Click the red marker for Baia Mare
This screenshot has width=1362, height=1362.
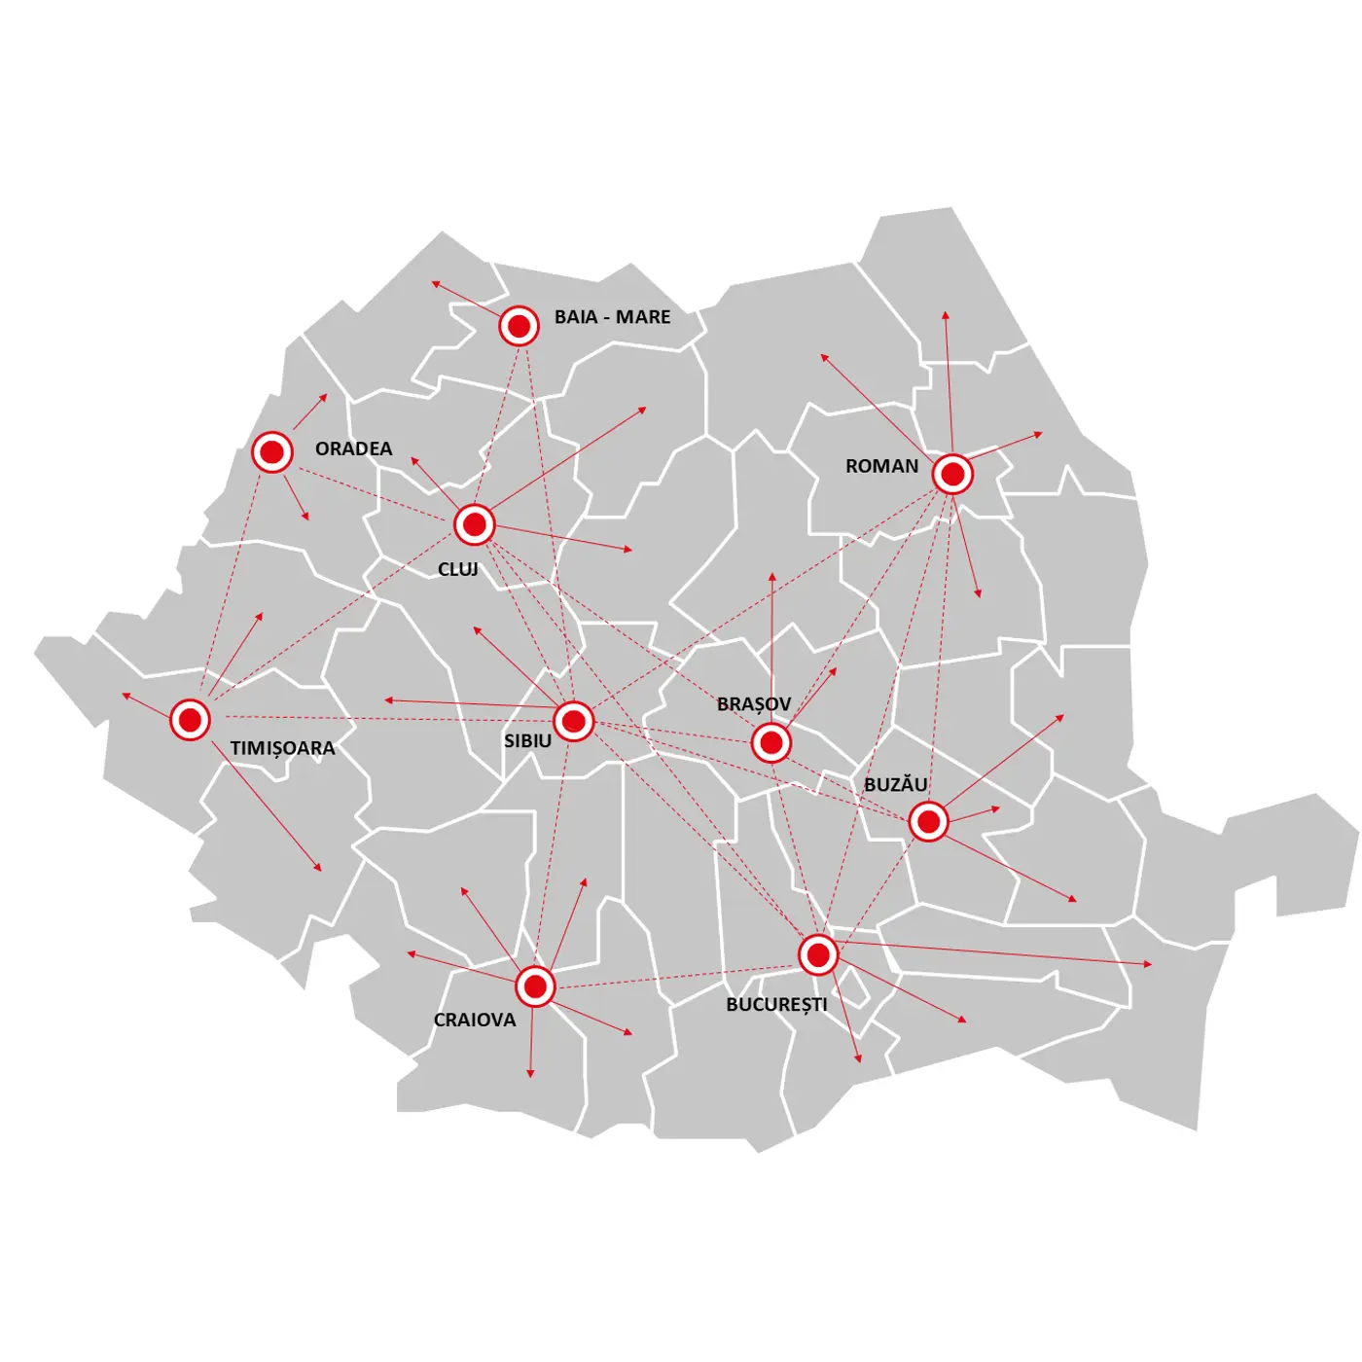pyautogui.click(x=520, y=326)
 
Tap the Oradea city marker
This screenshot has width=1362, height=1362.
pyautogui.click(x=272, y=452)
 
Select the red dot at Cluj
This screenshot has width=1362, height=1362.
pyautogui.click(x=475, y=525)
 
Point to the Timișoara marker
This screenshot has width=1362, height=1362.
pyautogui.click(x=190, y=720)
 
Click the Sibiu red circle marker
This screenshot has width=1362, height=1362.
pyautogui.click(x=574, y=722)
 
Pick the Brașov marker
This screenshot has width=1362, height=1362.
pyautogui.click(x=771, y=743)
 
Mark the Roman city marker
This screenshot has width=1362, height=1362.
pyautogui.click(x=952, y=475)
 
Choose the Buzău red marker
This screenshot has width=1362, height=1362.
pyautogui.click(x=929, y=822)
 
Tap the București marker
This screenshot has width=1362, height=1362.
pyautogui.click(x=818, y=954)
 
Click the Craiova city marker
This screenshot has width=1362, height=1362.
pyautogui.click(x=535, y=986)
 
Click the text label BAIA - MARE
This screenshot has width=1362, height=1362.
pyautogui.click(x=612, y=317)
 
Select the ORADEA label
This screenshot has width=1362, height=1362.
pyautogui.click(x=353, y=448)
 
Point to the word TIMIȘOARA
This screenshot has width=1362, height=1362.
pyautogui.click(x=282, y=748)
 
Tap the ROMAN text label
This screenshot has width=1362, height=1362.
pyautogui.click(x=881, y=466)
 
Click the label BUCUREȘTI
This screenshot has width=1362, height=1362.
pyautogui.click(x=776, y=1004)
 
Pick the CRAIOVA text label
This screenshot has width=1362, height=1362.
pyautogui.click(x=475, y=1020)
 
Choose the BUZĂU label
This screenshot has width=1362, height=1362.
pyautogui.click(x=895, y=784)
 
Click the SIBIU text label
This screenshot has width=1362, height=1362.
pyautogui.click(x=527, y=741)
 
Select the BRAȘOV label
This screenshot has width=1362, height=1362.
pyautogui.click(x=754, y=703)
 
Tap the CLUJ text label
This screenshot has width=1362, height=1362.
pyautogui.click(x=458, y=569)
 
